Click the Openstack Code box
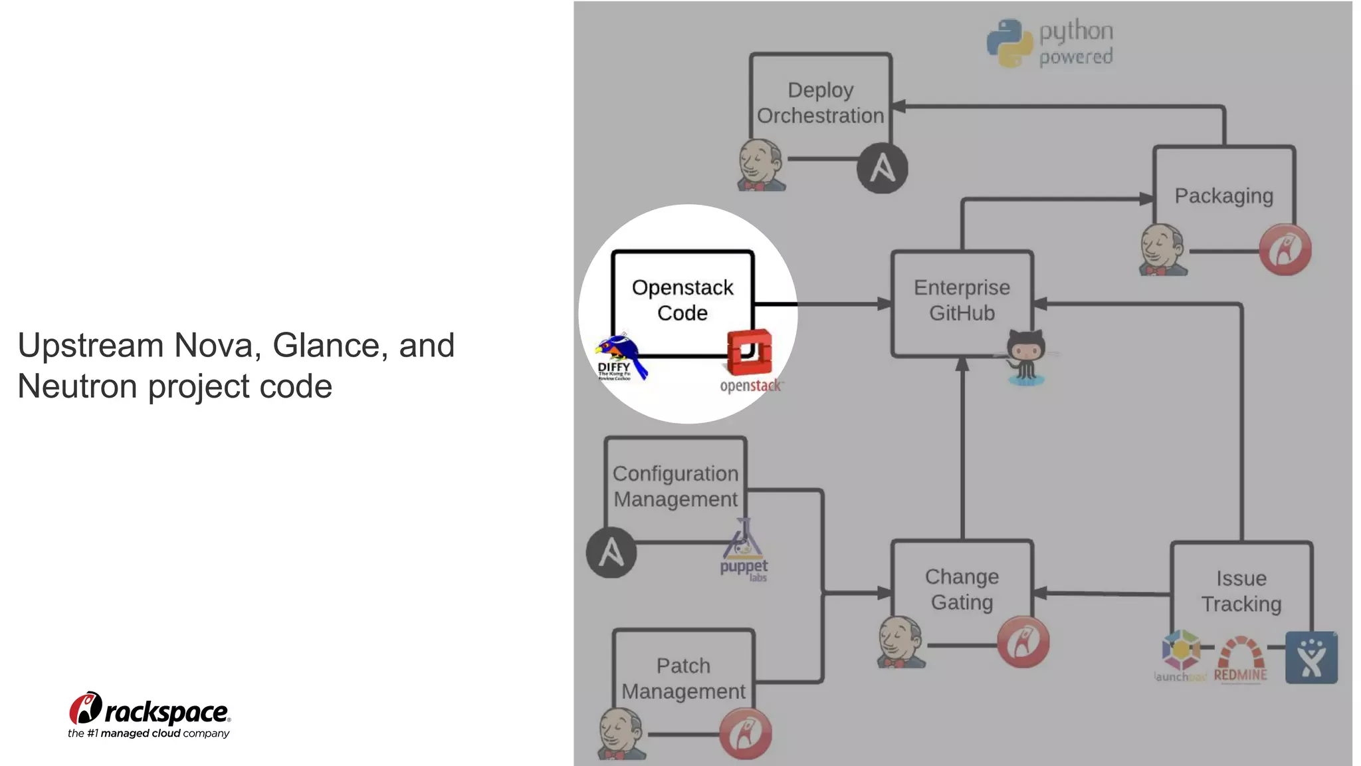pos(682,301)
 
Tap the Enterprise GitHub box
pos(961,301)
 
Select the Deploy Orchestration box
pos(820,103)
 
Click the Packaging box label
pos(1223,196)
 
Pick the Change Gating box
pos(961,589)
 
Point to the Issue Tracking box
pos(1241,591)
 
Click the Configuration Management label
pos(675,487)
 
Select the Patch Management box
pos(683,678)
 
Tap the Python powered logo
pos(1050,43)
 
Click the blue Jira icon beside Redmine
pos(1310,658)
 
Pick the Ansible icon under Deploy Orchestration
pos(882,168)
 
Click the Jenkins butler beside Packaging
pos(1162,250)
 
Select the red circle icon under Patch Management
pos(746,734)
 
